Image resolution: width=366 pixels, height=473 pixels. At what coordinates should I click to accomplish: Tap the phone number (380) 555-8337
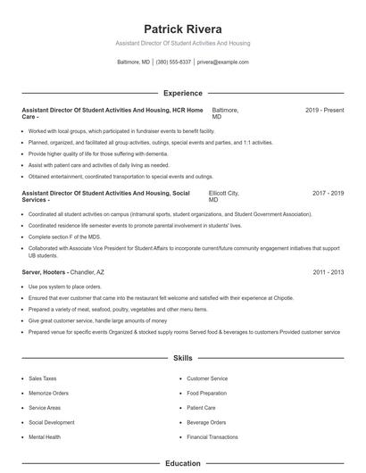coord(173,62)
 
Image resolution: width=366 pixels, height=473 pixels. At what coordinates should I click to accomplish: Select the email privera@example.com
coord(223,62)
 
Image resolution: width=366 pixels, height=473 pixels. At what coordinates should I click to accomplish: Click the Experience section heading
coord(183,93)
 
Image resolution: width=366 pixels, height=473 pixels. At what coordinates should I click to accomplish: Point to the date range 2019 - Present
coord(324,110)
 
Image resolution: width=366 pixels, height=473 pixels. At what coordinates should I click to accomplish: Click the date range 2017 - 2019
coord(328,193)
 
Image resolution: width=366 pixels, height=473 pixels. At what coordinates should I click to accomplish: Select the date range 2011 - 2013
coord(328,271)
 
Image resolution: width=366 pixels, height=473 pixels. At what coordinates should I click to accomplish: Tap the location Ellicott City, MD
coord(223,196)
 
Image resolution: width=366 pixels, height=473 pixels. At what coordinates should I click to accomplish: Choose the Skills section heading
coord(183,358)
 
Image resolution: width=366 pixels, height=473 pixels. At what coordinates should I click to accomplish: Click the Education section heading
coord(183,463)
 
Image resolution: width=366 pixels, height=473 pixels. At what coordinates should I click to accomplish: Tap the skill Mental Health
coord(45,437)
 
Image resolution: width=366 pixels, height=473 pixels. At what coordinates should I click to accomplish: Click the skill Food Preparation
coord(207,393)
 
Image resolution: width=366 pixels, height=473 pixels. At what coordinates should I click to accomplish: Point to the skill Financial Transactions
coord(212,437)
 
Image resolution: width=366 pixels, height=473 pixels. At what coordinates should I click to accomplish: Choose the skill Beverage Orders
coord(206,422)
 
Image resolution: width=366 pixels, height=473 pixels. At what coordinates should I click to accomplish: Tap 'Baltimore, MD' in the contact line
coord(134,62)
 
